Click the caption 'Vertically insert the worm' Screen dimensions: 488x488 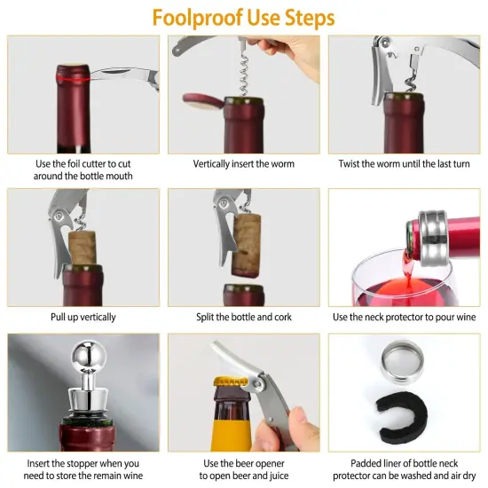pos(244,164)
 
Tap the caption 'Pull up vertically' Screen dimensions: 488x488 pos(83,317)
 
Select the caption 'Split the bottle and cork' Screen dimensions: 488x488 pos(244,317)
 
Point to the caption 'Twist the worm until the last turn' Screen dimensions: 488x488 pos(404,164)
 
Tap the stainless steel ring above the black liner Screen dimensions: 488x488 pos(405,365)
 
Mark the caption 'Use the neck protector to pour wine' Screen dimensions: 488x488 pos(404,317)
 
